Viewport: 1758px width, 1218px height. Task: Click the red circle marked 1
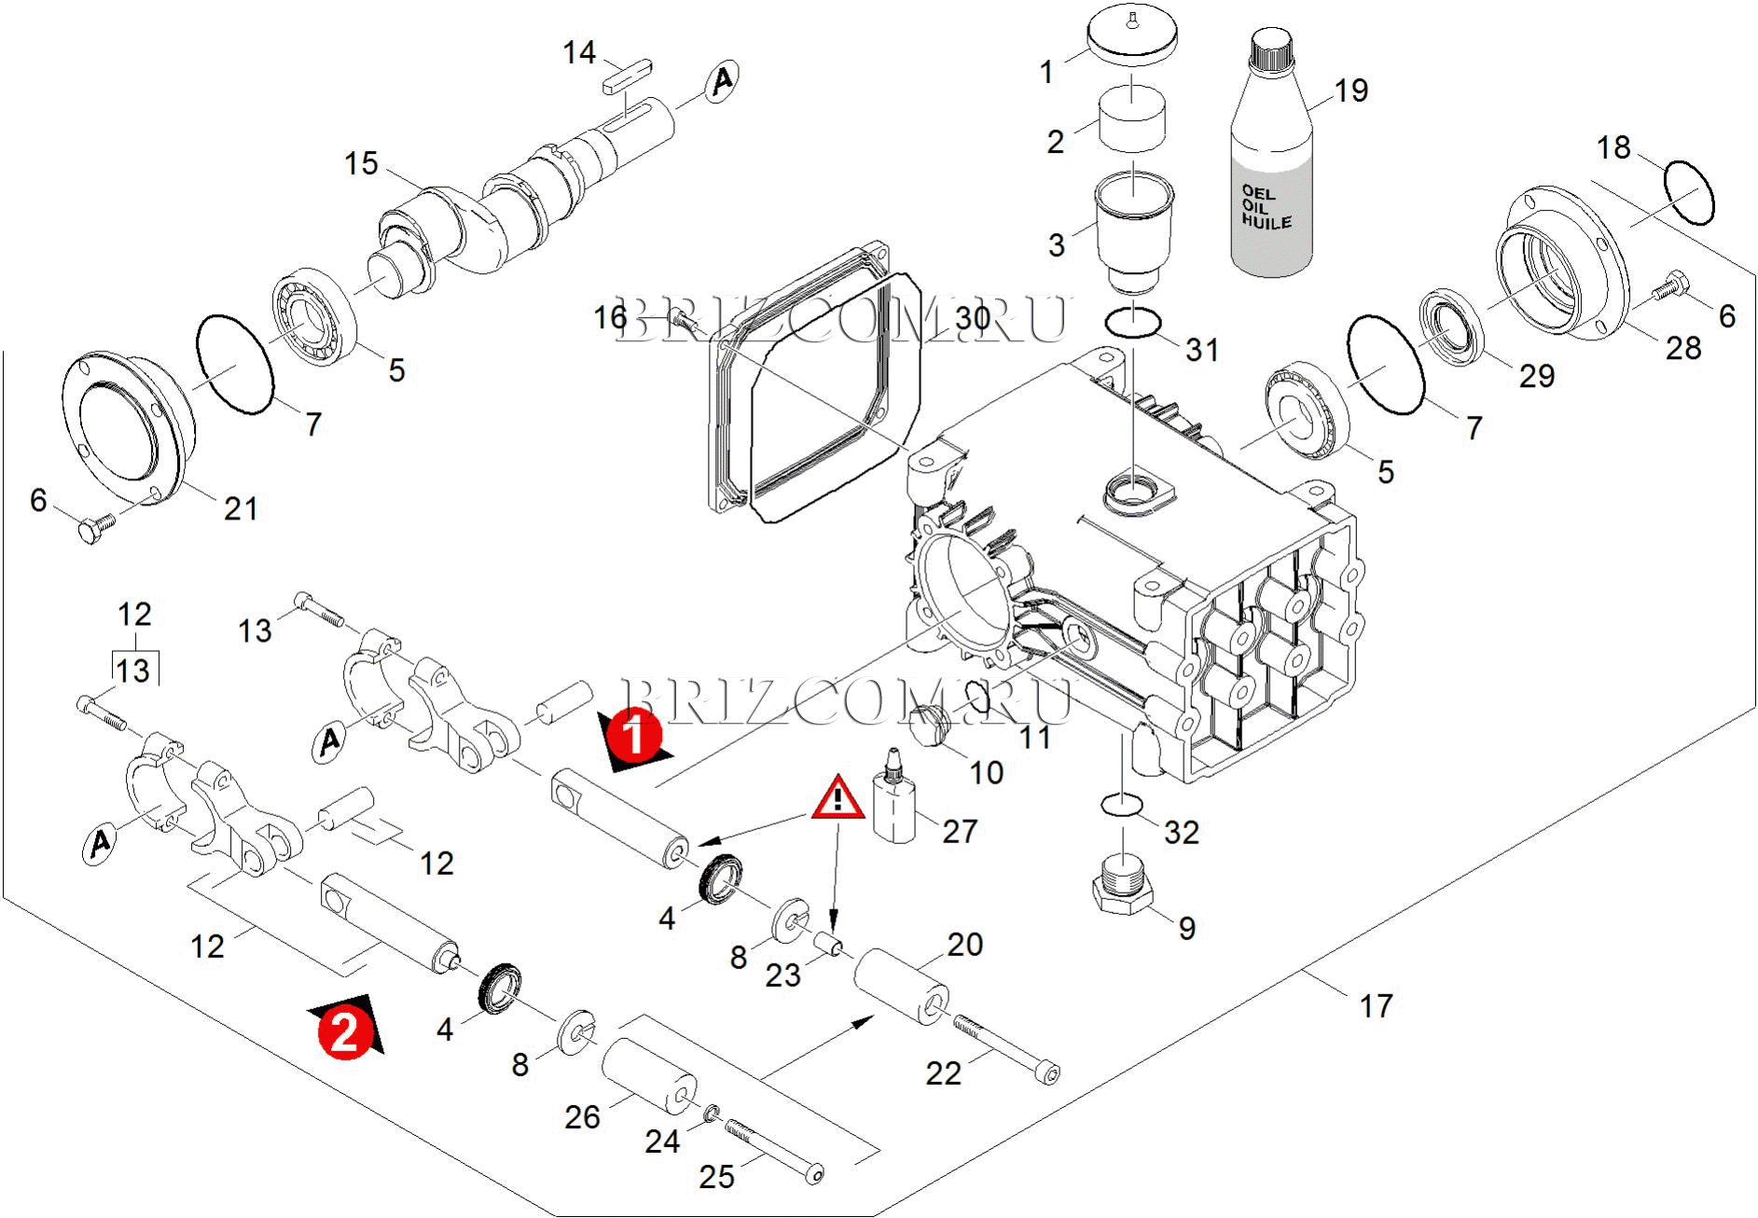click(x=634, y=735)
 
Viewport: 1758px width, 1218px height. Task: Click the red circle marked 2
click(x=344, y=1032)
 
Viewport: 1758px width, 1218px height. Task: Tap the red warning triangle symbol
click(x=837, y=798)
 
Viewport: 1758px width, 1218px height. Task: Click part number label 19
click(x=1351, y=90)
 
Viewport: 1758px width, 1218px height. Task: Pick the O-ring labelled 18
click(x=1688, y=193)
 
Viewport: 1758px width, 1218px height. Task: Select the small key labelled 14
click(x=627, y=75)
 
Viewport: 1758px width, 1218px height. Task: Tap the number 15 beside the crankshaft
click(x=361, y=164)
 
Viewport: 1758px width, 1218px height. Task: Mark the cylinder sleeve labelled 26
click(x=648, y=1077)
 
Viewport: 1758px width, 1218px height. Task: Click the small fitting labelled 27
click(x=894, y=803)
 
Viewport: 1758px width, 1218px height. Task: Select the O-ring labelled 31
click(x=1132, y=324)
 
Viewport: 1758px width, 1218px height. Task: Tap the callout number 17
click(x=1376, y=1006)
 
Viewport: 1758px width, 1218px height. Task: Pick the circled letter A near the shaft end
click(x=721, y=81)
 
